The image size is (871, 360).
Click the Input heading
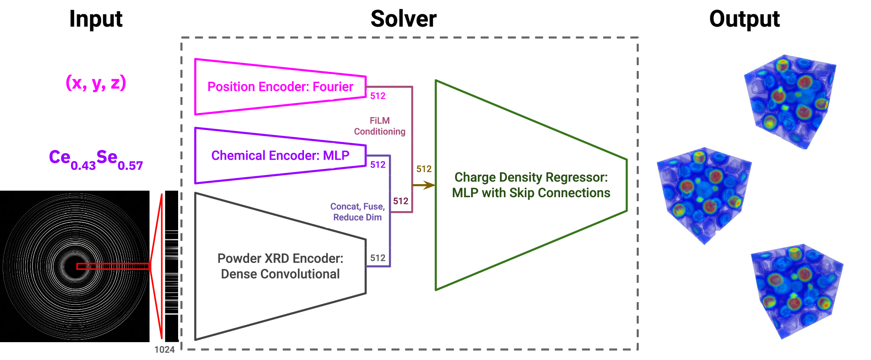point(96,19)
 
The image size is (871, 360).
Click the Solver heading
point(403,19)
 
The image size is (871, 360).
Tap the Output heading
point(744,19)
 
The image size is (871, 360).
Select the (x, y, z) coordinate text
point(96,82)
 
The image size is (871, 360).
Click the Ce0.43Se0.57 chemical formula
point(96,159)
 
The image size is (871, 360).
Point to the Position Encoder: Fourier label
point(280,87)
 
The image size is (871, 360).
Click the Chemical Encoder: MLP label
point(280,155)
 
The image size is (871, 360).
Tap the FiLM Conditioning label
point(379,126)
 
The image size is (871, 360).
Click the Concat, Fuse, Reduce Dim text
point(357,212)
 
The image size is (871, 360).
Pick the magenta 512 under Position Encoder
point(378,96)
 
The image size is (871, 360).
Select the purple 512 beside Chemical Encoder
point(378,165)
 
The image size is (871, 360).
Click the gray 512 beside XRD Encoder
point(378,258)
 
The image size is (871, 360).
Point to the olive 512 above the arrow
point(424,169)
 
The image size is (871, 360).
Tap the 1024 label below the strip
point(164,350)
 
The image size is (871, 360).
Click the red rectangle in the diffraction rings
point(113,266)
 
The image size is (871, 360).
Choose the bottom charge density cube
point(797,291)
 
